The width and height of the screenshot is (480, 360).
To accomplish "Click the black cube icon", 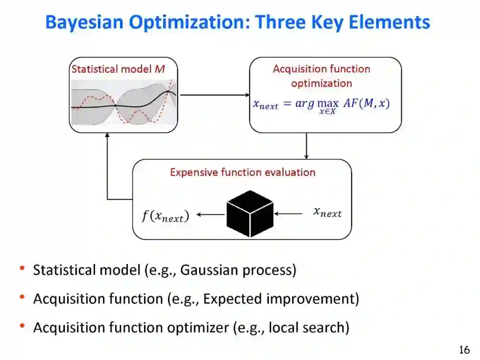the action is (250, 214).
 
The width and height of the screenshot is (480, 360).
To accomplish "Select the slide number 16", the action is (464, 350).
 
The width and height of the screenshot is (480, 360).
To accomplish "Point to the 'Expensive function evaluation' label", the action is (243, 172).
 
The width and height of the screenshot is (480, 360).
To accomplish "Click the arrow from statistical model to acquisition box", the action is (214, 95).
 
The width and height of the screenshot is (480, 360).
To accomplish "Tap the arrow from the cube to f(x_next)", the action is (210, 215).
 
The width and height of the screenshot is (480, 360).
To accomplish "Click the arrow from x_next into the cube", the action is (289, 214).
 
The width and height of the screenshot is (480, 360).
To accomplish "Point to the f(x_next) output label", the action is (165, 216).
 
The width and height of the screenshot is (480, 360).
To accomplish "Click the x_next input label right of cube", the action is (328, 212).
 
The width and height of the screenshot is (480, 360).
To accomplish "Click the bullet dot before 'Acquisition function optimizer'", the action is (21, 326).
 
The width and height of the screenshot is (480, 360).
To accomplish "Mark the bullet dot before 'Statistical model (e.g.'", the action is (21, 268).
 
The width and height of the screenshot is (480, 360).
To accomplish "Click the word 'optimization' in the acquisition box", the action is (321, 83).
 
